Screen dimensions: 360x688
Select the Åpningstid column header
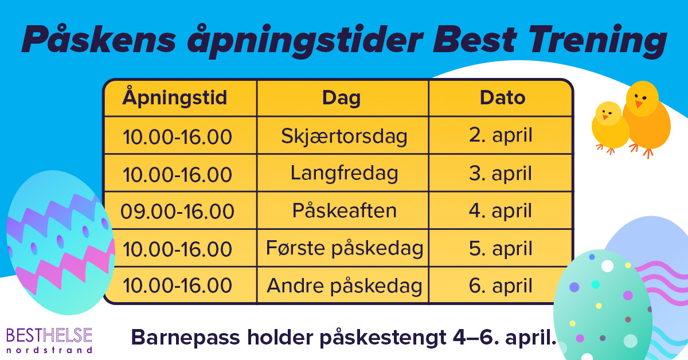click(175, 97)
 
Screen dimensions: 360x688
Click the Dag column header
click(341, 97)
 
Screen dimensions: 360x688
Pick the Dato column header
click(502, 97)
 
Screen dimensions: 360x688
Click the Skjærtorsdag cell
click(344, 136)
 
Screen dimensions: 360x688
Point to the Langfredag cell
click(344, 173)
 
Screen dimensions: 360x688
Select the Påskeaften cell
click(344, 210)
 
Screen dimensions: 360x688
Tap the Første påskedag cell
click(345, 248)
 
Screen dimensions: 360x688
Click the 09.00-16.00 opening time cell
click(177, 211)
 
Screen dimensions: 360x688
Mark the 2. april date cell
click(501, 136)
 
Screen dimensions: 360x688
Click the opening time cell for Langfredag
click(177, 173)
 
